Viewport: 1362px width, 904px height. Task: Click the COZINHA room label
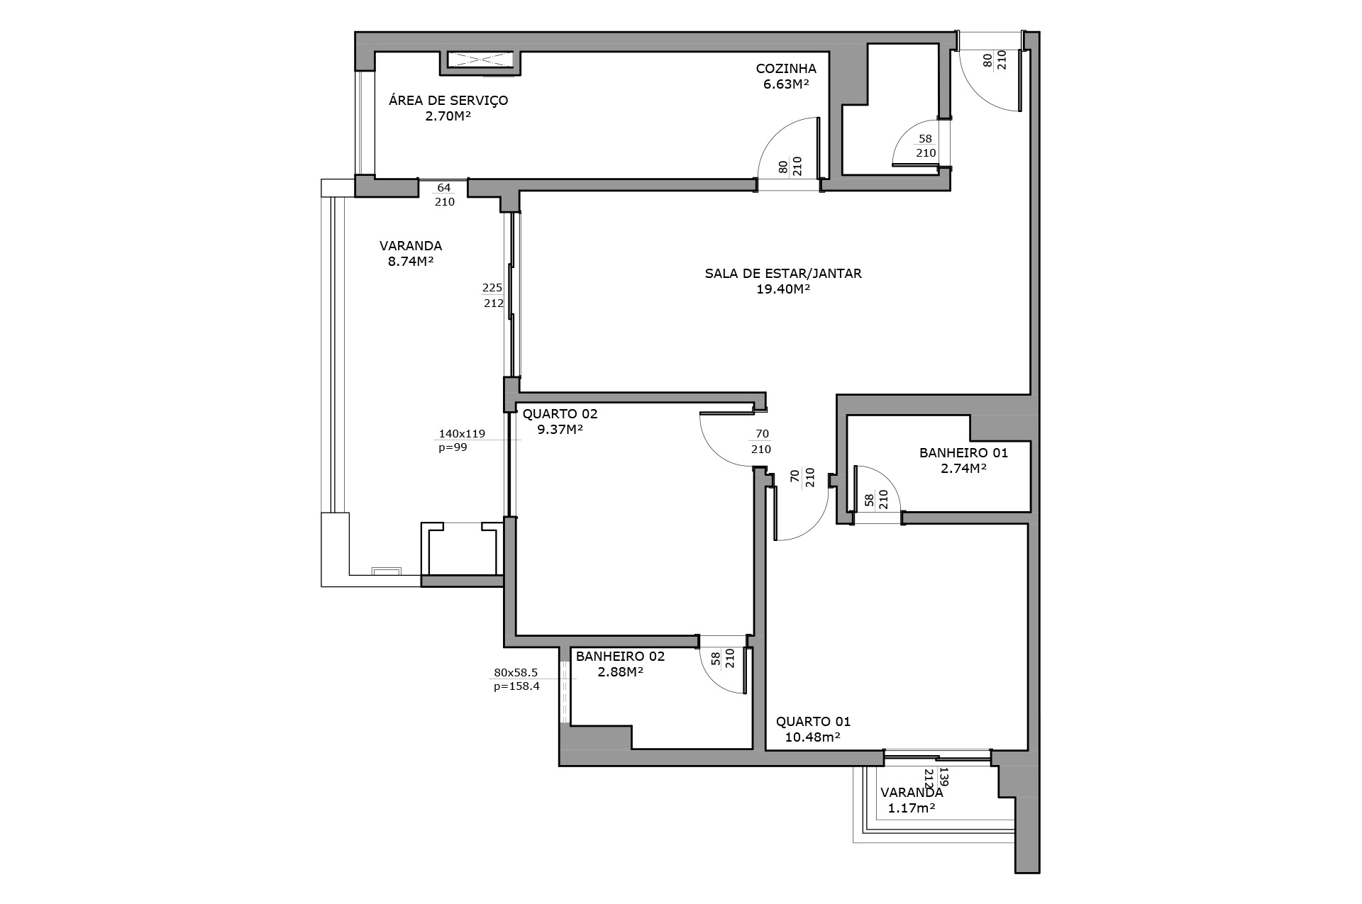point(786,69)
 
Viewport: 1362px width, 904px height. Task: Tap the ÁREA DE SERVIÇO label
point(448,100)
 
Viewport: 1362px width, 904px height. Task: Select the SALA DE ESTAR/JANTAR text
point(783,273)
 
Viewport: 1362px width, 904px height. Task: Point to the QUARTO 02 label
point(560,414)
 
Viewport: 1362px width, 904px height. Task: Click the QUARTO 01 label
point(813,722)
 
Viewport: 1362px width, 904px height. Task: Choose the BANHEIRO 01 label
point(963,452)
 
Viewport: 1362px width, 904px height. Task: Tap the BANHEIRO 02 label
point(621,656)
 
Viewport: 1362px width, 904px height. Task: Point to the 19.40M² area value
point(784,289)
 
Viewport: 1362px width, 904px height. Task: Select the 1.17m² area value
point(911,808)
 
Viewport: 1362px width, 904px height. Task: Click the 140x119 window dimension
point(462,433)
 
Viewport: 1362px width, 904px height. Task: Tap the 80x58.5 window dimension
point(516,672)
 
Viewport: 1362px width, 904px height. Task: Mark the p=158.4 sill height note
point(516,686)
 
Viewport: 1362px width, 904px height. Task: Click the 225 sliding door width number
point(492,287)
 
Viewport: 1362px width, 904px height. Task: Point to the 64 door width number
point(444,188)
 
